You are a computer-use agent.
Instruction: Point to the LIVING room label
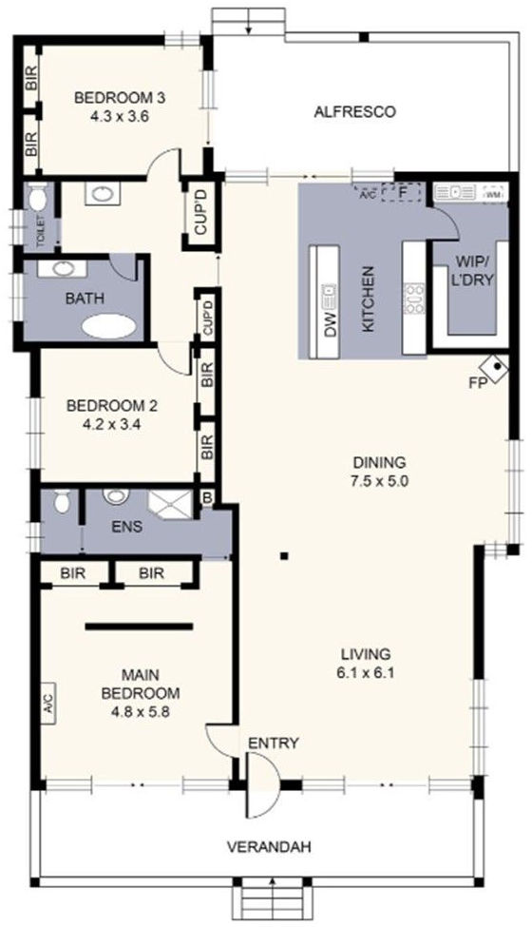[x=366, y=654]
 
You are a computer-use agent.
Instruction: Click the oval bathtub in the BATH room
[x=109, y=326]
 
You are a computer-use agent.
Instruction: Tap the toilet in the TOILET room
[x=37, y=201]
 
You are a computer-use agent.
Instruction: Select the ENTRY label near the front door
[x=274, y=743]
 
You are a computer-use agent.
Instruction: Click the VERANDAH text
[x=271, y=846]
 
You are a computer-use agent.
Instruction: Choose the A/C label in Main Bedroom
[x=47, y=704]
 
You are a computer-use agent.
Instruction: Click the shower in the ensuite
[x=171, y=505]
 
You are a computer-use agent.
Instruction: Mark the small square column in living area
[x=283, y=555]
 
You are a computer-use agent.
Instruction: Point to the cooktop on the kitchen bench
[x=415, y=299]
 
